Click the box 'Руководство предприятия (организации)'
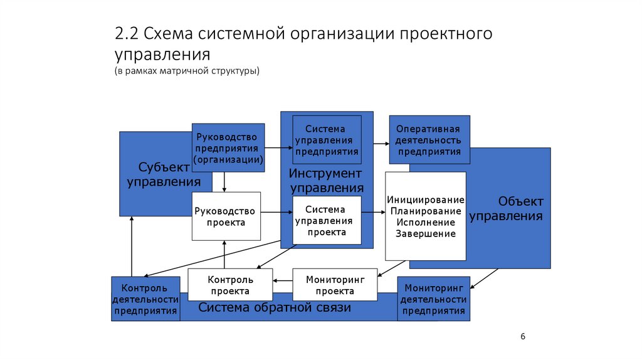228,148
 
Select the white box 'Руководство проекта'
226,216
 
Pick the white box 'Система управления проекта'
327,220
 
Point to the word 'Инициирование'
426,199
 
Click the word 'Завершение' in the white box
426,234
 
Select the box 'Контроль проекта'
230,285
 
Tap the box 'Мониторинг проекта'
335,285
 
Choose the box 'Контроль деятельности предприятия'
145,299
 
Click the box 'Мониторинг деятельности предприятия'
433,299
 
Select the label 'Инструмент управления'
326,181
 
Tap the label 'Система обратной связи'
275,308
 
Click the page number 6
523,337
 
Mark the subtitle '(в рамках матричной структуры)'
187,70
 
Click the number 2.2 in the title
128,33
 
